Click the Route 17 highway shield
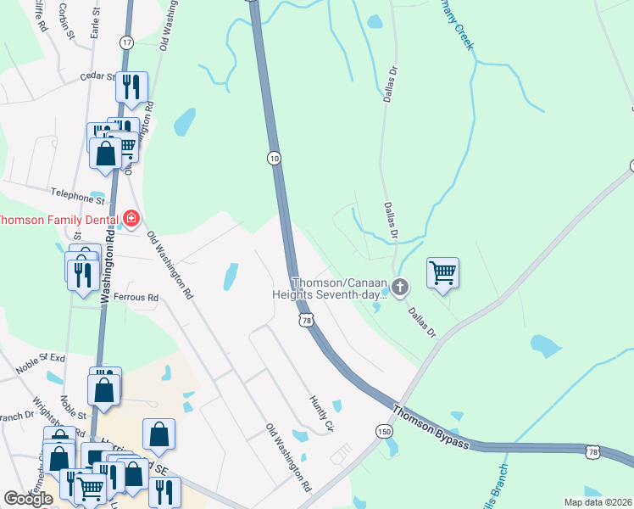click(126, 42)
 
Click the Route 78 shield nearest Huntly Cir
click(307, 321)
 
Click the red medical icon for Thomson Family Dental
click(131, 219)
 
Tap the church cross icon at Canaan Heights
click(398, 288)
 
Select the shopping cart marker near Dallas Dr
click(442, 273)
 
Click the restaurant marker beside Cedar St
click(131, 87)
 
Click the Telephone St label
click(76, 195)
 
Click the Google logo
click(28, 499)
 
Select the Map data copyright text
click(598, 502)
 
